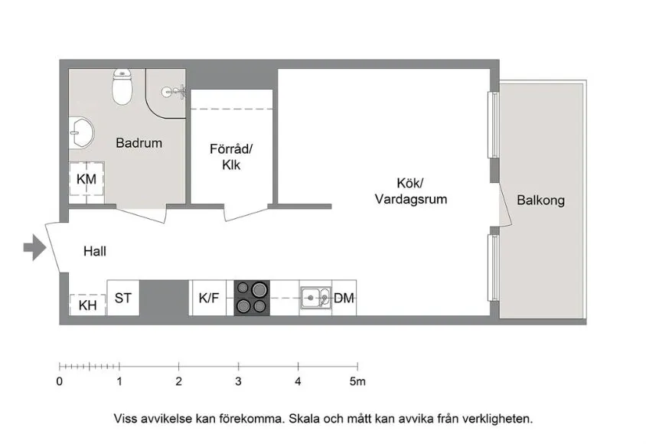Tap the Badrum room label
(139, 142)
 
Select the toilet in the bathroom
(122, 87)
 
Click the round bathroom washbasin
(81, 133)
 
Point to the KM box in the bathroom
(86, 180)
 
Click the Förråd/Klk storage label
(230, 156)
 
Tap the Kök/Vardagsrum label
(410, 191)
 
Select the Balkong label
(540, 201)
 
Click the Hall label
(94, 251)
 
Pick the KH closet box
(87, 304)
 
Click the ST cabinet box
(122, 298)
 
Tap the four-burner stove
(252, 298)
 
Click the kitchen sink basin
(312, 297)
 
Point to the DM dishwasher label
(344, 298)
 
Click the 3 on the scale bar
(238, 380)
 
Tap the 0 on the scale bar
(60, 380)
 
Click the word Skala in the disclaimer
(304, 419)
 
